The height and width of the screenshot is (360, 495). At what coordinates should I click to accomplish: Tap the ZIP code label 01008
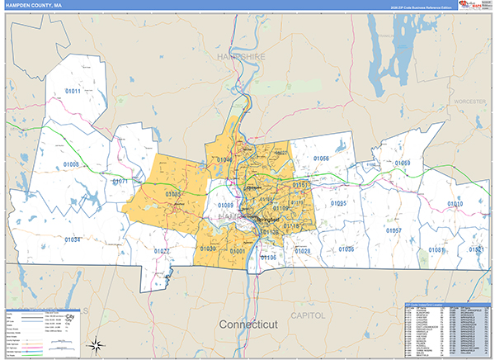point(71,165)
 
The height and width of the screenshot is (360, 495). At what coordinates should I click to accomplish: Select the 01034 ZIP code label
point(73,239)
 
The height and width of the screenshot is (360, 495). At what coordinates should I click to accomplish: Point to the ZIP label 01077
point(162,250)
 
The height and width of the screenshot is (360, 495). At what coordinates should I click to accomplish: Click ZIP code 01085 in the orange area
point(172,194)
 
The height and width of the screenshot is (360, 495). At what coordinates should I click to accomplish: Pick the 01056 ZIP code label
point(321,159)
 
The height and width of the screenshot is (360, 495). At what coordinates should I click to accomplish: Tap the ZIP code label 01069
point(403,163)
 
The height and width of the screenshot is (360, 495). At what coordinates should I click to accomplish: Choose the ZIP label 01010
point(455,204)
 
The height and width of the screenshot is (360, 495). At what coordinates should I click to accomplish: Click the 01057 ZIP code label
point(394,231)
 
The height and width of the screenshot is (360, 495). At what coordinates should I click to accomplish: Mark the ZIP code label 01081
point(436,249)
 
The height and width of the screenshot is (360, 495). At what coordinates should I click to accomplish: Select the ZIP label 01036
point(346,249)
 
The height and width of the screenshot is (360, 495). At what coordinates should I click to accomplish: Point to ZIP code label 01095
point(338,203)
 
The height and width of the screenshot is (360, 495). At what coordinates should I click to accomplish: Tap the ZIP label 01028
point(303,250)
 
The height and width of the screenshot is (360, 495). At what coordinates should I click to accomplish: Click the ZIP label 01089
point(226,205)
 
